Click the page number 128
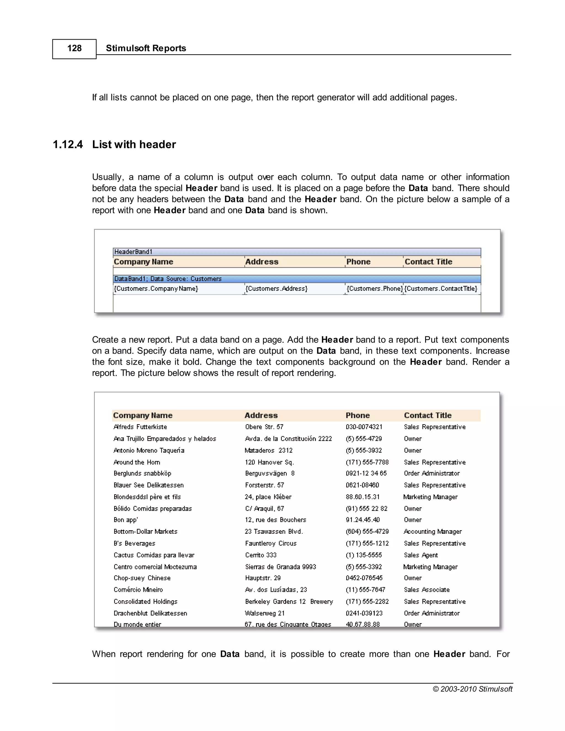click(74, 48)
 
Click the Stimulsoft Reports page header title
click(146, 48)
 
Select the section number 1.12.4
click(68, 145)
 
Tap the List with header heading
click(134, 145)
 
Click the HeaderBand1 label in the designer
click(133, 252)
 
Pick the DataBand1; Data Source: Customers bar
click(168, 279)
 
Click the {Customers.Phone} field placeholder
click(374, 289)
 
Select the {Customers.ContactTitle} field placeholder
click(441, 289)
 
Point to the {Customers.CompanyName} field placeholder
click(156, 289)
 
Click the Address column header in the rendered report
click(261, 415)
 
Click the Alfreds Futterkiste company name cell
click(140, 427)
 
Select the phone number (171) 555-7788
click(367, 462)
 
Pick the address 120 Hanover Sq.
click(270, 462)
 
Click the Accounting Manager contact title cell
click(433, 532)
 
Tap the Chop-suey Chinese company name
click(142, 578)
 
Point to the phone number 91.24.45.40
click(363, 520)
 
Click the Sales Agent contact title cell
click(421, 555)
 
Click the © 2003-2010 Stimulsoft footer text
click(472, 689)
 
